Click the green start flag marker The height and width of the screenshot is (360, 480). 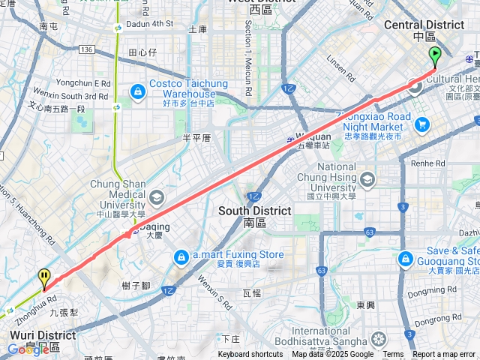(434, 56)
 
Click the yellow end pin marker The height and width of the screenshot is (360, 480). (45, 278)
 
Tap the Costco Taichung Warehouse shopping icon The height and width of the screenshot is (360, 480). (137, 91)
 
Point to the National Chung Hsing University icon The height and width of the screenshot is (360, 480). (367, 178)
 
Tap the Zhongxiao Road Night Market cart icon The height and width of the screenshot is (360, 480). (422, 124)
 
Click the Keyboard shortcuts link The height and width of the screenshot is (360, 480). (250, 355)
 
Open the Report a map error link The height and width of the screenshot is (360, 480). (444, 355)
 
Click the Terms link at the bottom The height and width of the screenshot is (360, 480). (393, 355)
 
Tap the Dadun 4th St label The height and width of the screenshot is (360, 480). (151, 24)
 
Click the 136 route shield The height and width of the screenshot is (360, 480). (86, 49)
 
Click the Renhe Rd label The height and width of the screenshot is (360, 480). (428, 162)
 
